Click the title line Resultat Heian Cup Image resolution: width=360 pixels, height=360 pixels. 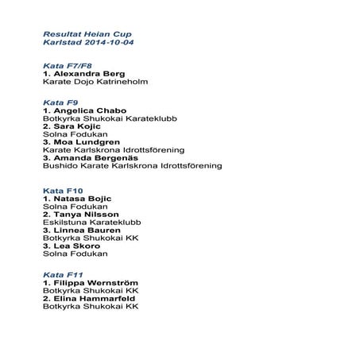tap(87, 35)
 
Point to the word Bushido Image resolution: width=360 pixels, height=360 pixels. tap(60, 166)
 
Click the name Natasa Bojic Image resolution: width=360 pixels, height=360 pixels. tap(82, 198)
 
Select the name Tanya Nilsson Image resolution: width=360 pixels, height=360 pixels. tap(86, 215)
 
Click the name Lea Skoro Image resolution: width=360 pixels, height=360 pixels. tap(76, 246)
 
